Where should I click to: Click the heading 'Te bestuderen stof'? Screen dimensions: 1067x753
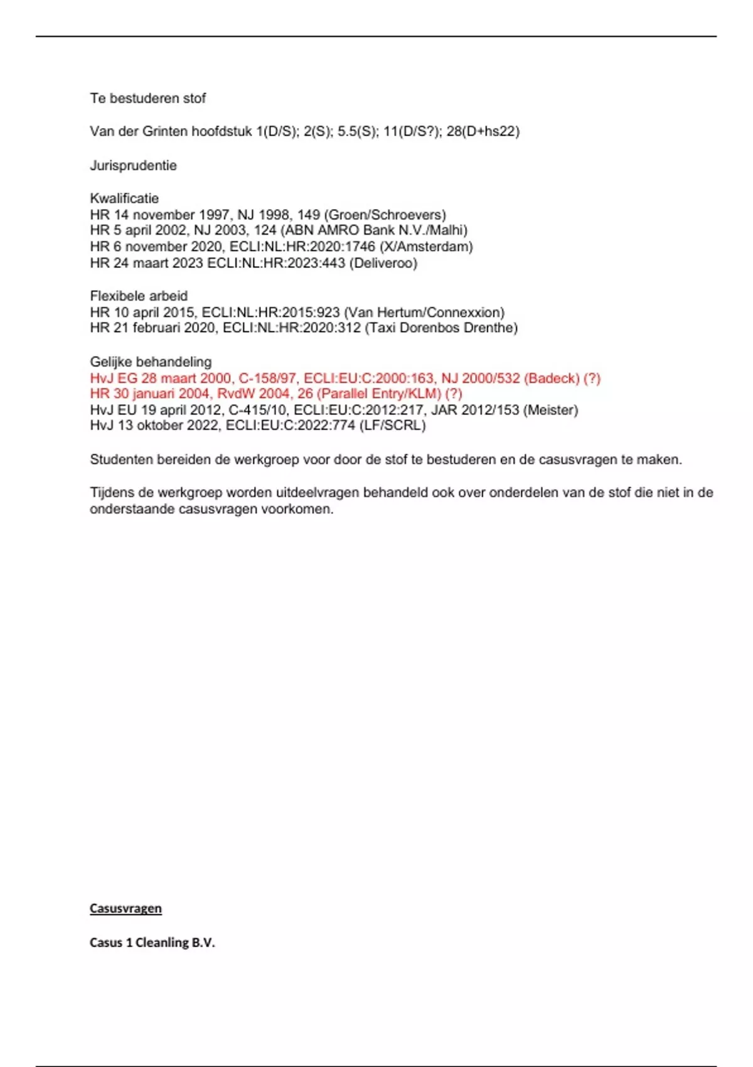(x=147, y=99)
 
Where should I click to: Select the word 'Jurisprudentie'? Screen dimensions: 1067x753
(x=133, y=166)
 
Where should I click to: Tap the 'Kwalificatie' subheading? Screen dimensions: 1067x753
(x=124, y=198)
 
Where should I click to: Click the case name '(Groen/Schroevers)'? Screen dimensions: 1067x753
(x=385, y=215)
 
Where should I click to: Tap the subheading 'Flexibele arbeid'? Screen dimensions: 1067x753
(x=139, y=296)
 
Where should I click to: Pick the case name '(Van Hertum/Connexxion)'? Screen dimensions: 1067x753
(x=424, y=312)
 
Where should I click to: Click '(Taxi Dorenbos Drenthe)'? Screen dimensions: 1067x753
(x=441, y=328)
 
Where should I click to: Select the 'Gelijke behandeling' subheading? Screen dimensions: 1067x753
(x=151, y=362)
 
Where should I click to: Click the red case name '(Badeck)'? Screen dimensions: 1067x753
(x=552, y=378)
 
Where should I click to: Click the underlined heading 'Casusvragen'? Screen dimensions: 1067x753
(x=125, y=908)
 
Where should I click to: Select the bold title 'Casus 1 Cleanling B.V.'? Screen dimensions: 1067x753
(x=152, y=942)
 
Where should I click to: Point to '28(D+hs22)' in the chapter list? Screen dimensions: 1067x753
(x=483, y=131)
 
